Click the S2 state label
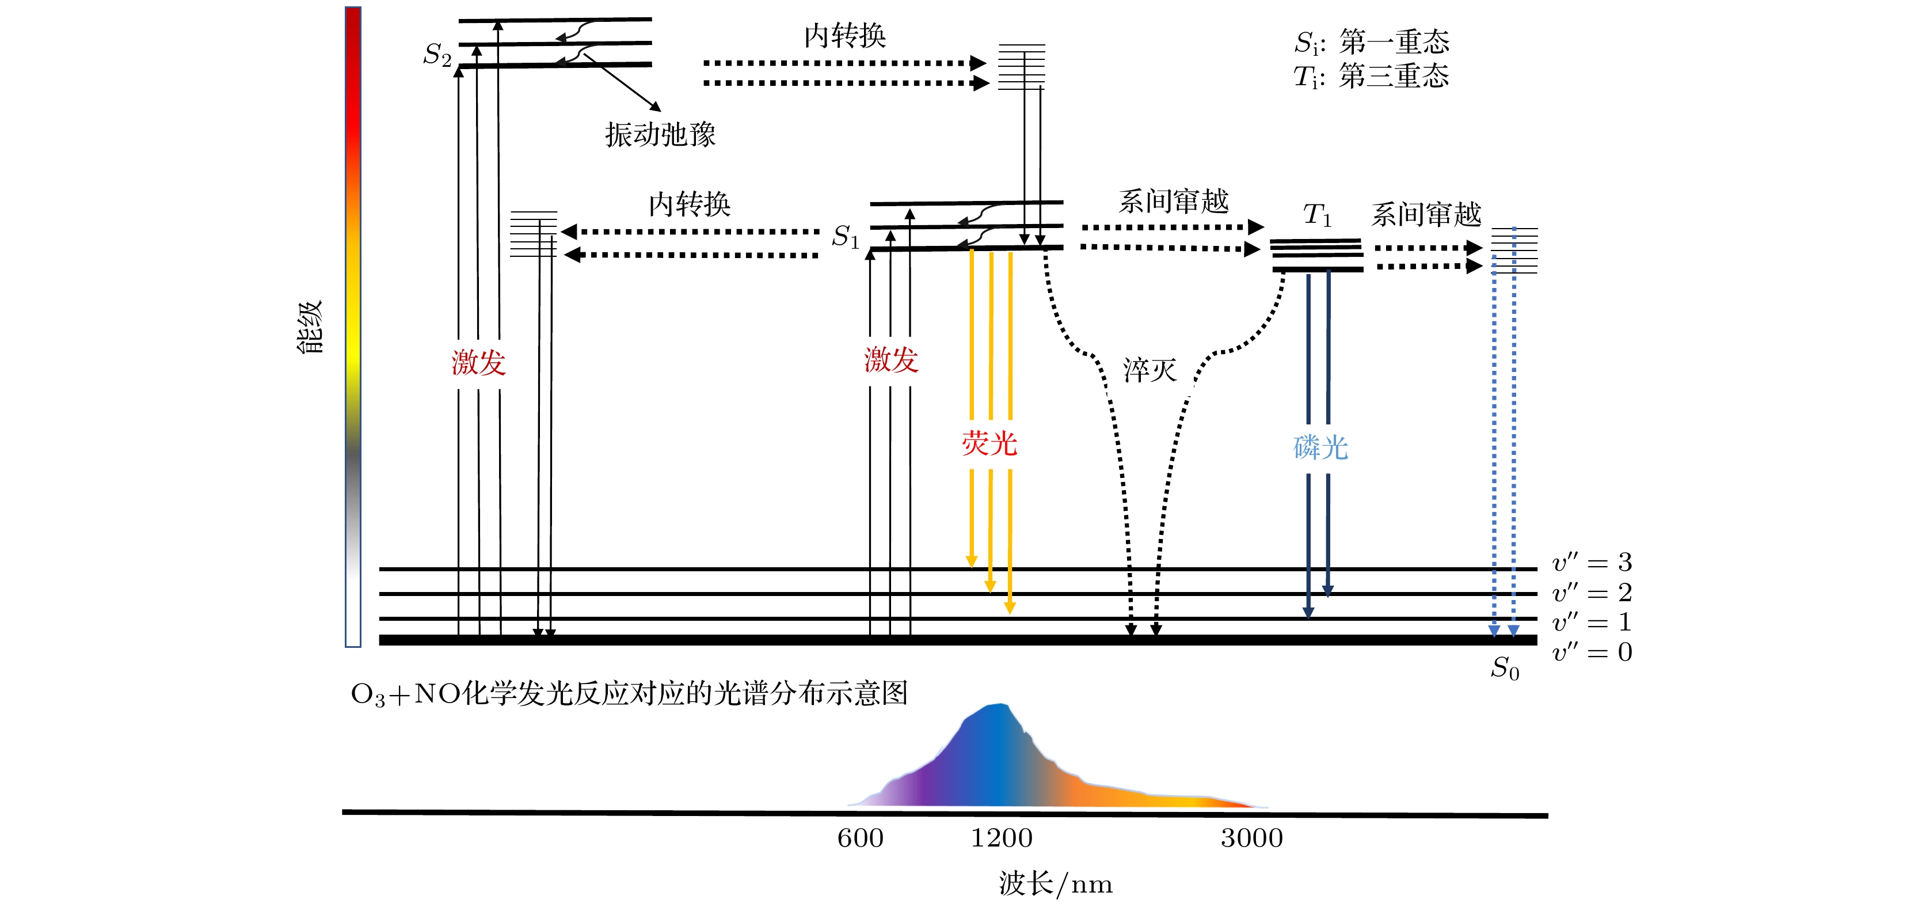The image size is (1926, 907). coord(437,55)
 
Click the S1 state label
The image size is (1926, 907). coord(846,237)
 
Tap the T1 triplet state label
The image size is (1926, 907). coord(1318,215)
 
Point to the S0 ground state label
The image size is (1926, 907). coord(1504,668)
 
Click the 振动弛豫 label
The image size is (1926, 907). coord(660,135)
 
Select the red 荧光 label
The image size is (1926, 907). coord(989,444)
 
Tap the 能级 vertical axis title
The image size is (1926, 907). coord(310,327)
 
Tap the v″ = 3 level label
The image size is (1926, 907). coord(1592,562)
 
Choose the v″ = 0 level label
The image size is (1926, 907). coord(1592,652)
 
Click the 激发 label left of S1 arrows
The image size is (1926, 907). coord(890,360)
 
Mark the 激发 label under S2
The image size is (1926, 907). coord(478,363)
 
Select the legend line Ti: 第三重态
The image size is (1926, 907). coord(1371,76)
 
